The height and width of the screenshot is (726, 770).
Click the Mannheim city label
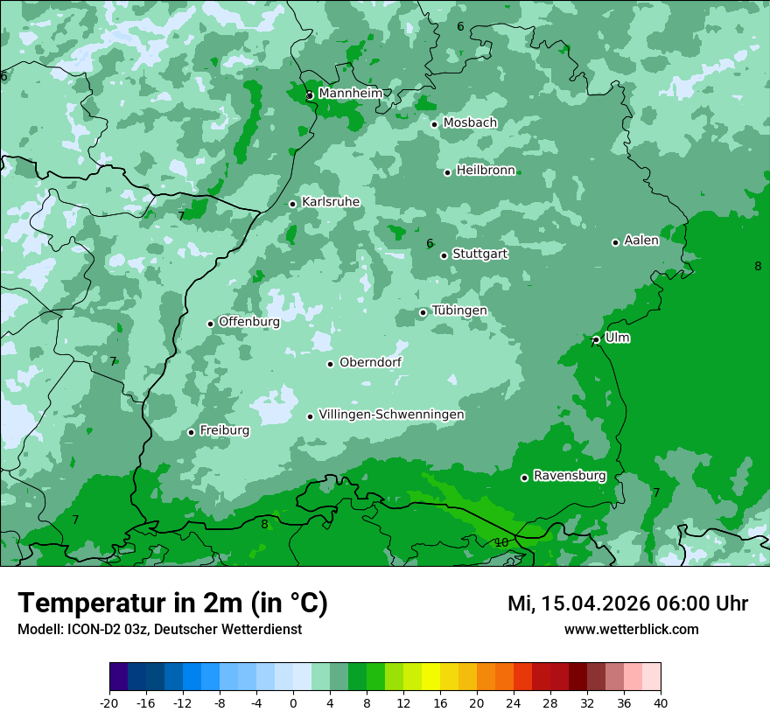[x=350, y=94]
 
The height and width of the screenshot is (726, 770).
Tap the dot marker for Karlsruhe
[x=293, y=204]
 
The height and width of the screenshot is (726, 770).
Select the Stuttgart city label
[x=479, y=255]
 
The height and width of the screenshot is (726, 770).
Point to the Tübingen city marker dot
[x=423, y=312]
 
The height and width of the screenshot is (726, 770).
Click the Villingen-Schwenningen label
[x=391, y=415]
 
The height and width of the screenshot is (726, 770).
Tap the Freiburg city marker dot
[x=192, y=432]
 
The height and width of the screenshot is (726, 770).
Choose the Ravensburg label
[x=569, y=477]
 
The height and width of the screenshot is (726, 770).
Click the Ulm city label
[x=617, y=338]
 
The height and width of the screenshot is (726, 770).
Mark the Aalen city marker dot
[x=615, y=242]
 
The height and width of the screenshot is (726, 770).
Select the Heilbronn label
[x=486, y=171]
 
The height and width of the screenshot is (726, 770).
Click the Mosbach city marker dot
[x=434, y=124]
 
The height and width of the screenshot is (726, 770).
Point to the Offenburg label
[x=249, y=322]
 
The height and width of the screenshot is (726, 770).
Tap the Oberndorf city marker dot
[x=331, y=364]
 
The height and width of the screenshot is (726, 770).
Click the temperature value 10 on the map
[x=501, y=542]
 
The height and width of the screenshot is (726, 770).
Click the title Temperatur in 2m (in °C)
[x=172, y=603]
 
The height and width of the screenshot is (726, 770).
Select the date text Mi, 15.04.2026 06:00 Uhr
[x=627, y=604]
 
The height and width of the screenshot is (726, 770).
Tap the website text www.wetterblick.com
[x=631, y=630]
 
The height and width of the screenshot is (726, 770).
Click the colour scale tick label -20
[x=109, y=703]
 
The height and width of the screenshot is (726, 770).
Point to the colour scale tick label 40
[x=661, y=703]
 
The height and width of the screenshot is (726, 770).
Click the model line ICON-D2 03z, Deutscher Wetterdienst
[x=159, y=630]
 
